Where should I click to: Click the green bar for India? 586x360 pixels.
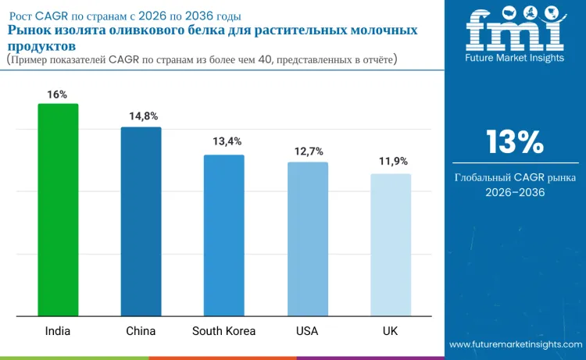click(x=58, y=210)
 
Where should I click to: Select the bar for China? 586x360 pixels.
click(x=141, y=222)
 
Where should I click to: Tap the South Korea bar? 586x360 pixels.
click(x=224, y=236)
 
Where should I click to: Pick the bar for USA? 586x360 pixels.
click(x=307, y=239)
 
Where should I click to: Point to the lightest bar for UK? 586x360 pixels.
click(x=391, y=245)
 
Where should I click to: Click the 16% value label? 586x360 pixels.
click(x=57, y=94)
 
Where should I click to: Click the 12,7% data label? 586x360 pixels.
click(x=309, y=151)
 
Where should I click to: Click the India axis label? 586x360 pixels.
click(x=58, y=331)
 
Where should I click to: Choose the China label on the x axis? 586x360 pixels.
click(x=141, y=331)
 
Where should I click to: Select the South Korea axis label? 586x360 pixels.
click(x=223, y=331)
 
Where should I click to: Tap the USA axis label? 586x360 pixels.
click(x=307, y=331)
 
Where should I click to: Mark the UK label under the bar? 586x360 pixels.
click(x=391, y=331)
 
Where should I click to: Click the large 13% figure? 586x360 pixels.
click(x=514, y=142)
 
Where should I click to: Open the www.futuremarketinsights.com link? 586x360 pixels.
click(x=516, y=344)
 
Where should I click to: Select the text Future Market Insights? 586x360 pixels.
click(x=514, y=59)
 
